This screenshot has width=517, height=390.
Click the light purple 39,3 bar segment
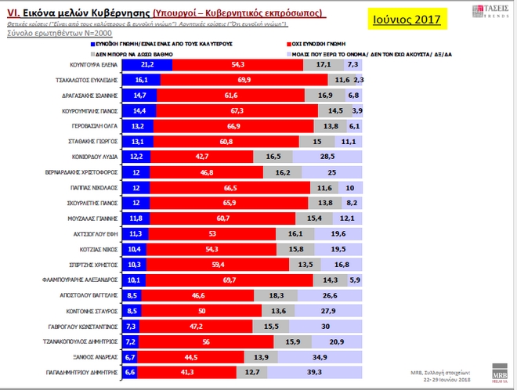point(317,373)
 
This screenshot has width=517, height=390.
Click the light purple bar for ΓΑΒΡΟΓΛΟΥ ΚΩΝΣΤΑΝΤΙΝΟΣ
point(323,327)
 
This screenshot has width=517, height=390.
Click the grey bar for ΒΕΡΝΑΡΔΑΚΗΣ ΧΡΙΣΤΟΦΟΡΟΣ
point(283,172)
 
